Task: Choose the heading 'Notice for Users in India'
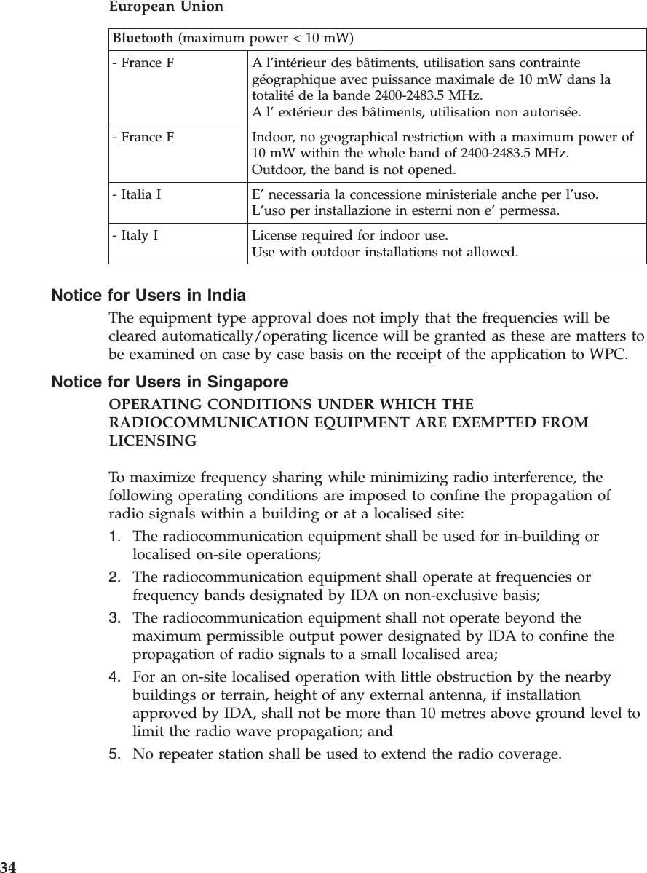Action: pyautogui.click(x=148, y=296)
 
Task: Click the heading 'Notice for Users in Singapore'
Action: pyautogui.click(x=170, y=382)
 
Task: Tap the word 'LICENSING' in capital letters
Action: pyautogui.click(x=152, y=442)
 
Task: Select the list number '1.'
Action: pyautogui.click(x=115, y=537)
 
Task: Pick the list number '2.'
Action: pyautogui.click(x=115, y=578)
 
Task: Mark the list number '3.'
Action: pyautogui.click(x=115, y=619)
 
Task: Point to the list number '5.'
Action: pyautogui.click(x=115, y=751)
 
